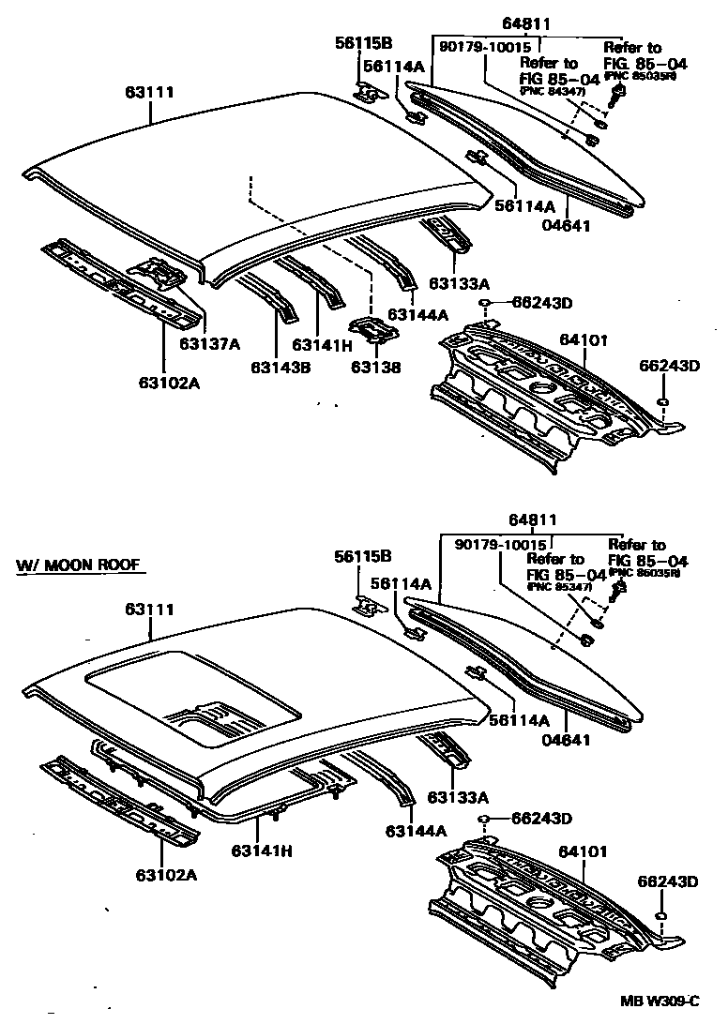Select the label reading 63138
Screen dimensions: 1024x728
375,367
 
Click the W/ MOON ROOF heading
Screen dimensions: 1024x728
78,565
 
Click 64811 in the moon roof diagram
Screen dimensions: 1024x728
533,520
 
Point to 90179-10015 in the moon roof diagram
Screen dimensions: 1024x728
501,545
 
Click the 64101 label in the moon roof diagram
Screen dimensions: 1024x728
584,851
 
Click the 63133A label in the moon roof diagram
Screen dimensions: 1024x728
458,797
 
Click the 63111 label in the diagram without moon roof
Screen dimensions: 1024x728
151,92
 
